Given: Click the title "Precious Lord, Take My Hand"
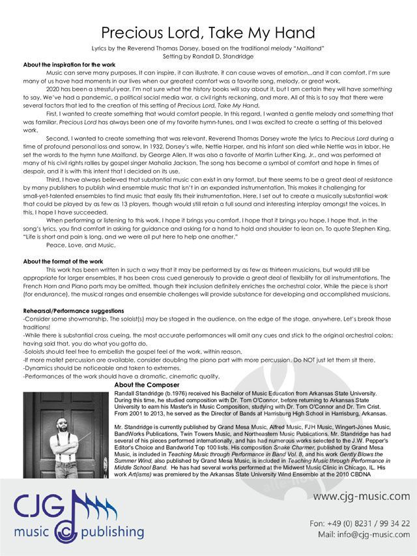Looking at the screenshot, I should tap(208, 33).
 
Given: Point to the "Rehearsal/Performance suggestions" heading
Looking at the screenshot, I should tap(72, 311).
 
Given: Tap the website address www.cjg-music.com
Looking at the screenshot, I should tap(362, 497).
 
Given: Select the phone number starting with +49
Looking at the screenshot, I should tap(369, 523).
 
